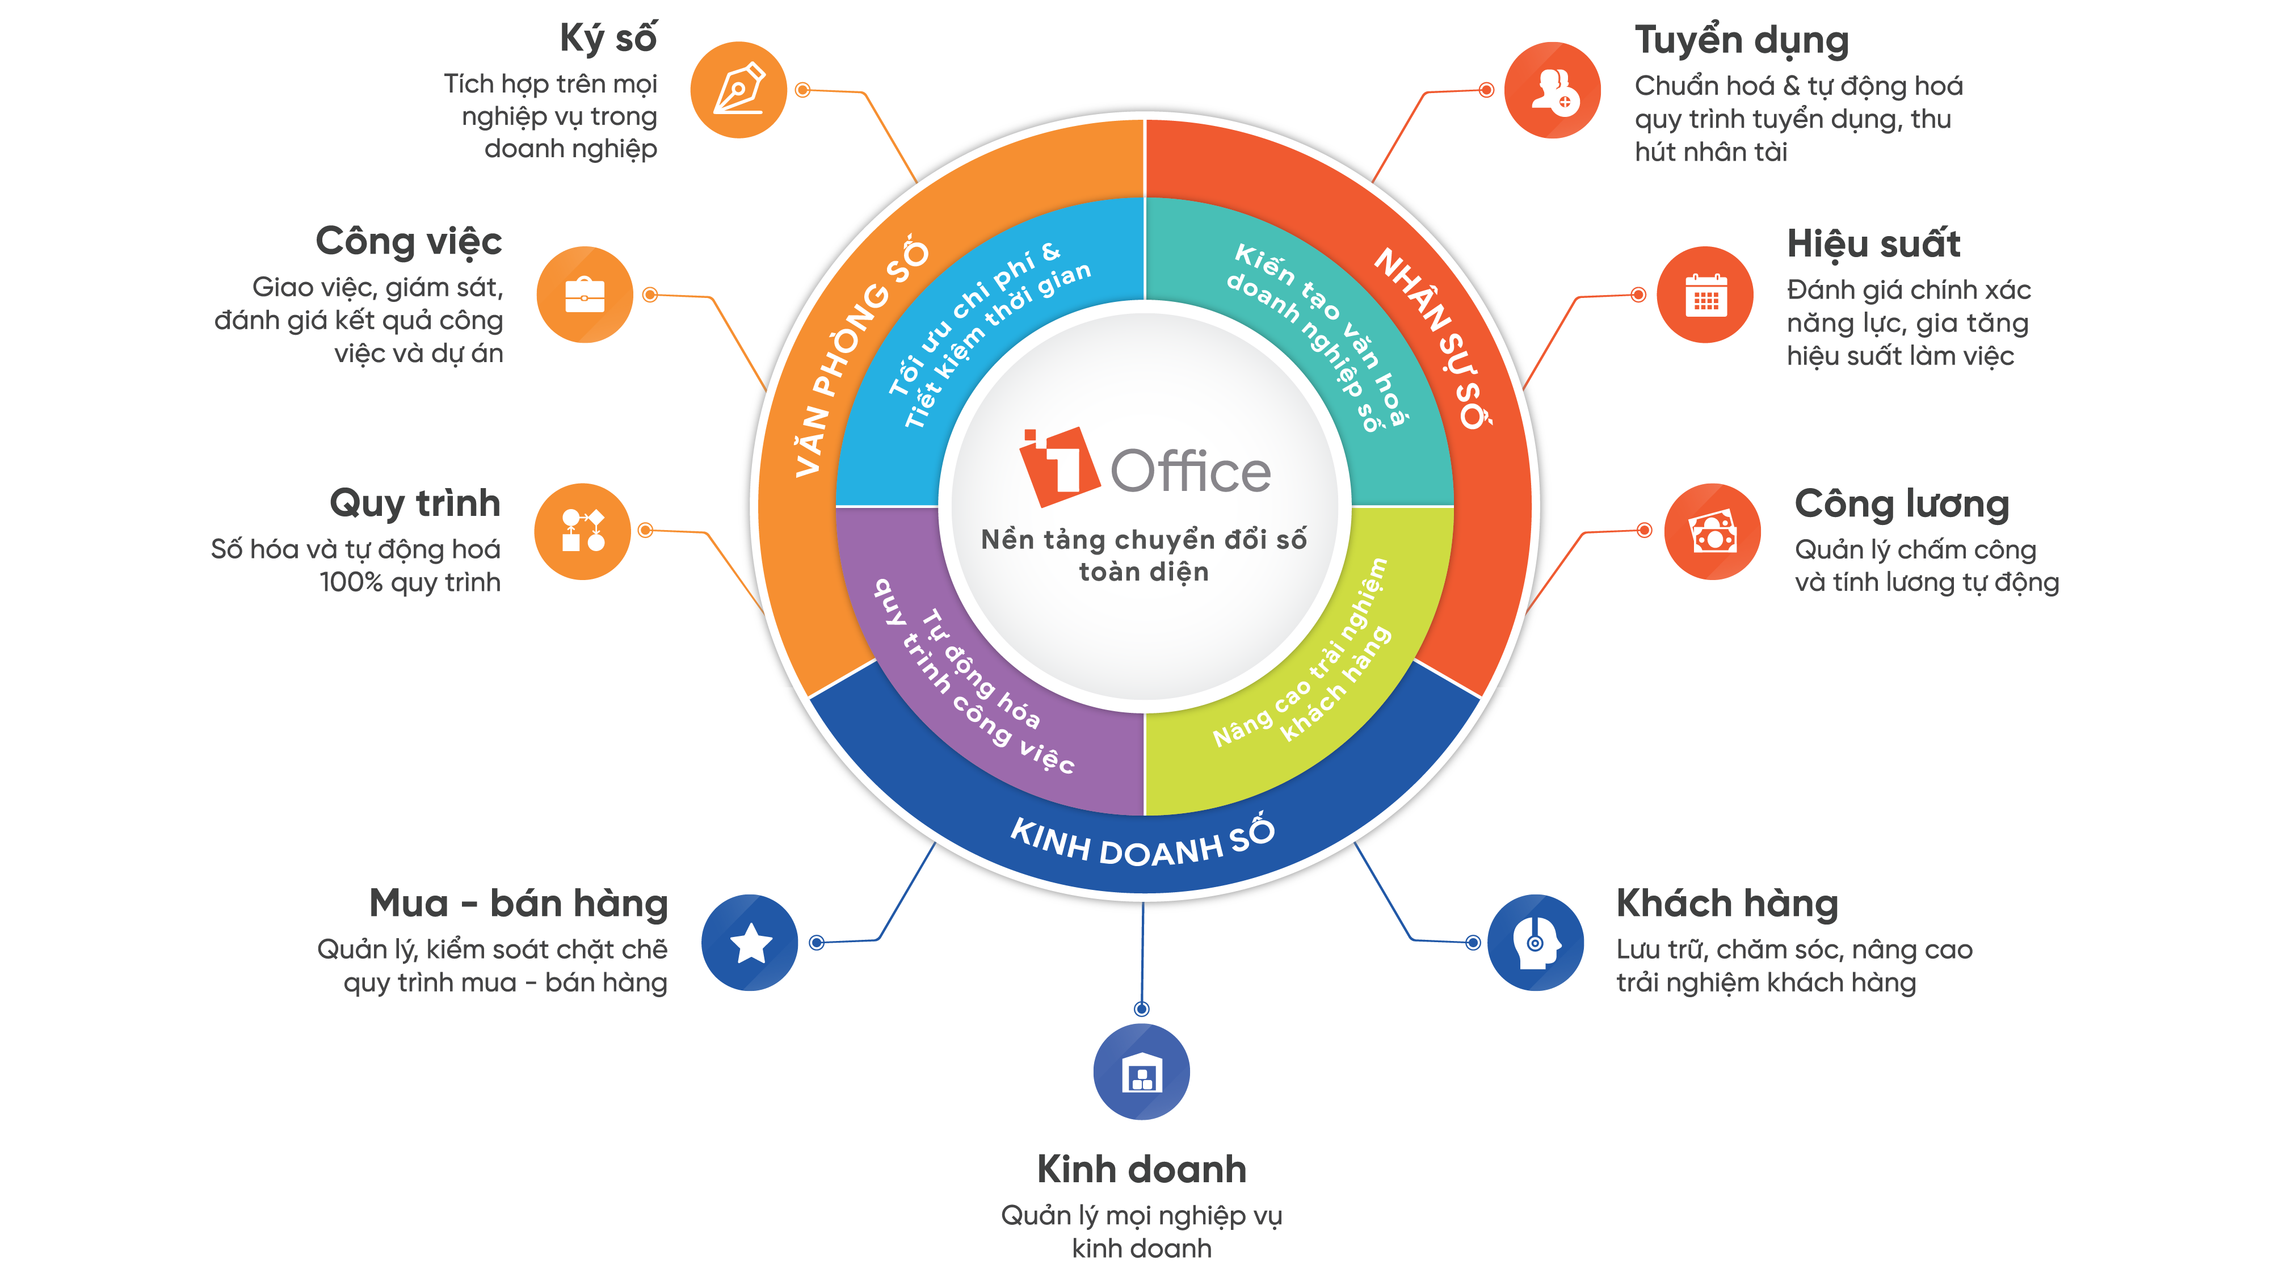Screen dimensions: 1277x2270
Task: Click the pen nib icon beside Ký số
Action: [738, 90]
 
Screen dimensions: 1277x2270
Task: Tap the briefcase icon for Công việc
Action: [585, 295]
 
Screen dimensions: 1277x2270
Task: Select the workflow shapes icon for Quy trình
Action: [582, 531]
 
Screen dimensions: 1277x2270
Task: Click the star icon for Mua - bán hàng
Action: [750, 942]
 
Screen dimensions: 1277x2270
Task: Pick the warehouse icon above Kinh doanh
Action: [1141, 1072]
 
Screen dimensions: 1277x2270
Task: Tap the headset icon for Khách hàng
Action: [1535, 942]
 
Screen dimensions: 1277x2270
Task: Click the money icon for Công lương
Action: [1712, 531]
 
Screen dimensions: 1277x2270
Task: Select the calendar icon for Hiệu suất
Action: [1705, 295]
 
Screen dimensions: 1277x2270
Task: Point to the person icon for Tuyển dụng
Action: [1553, 90]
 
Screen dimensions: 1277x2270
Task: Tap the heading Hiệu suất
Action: [1873, 244]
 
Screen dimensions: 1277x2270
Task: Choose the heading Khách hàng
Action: [1727, 904]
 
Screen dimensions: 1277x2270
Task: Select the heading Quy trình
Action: [414, 503]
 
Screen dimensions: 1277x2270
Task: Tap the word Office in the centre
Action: [1189, 472]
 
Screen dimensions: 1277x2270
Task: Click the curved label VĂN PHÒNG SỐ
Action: [859, 357]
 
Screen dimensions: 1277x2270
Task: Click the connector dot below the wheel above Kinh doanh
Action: [1141, 1008]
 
